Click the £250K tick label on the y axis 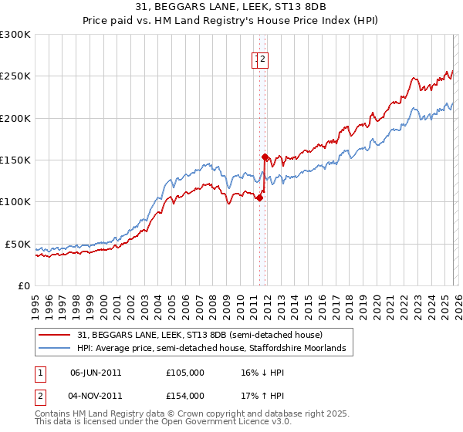pos(15,76)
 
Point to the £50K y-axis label pos(18,244)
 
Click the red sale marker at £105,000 pos(259,197)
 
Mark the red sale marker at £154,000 pos(265,157)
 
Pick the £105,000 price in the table pos(184,373)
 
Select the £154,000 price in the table pos(184,396)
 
